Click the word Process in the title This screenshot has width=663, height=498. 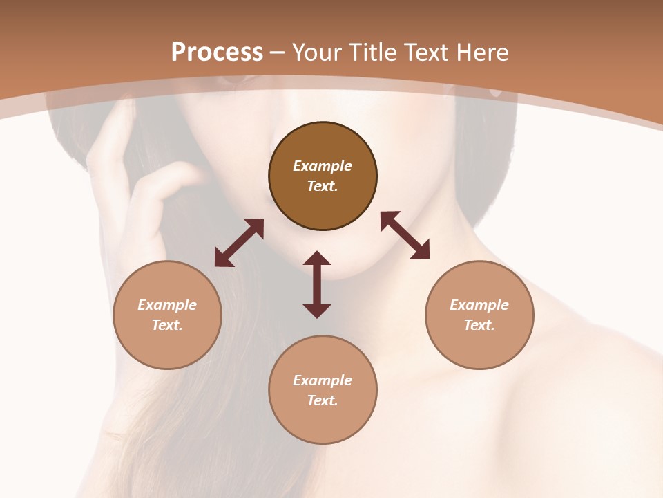[217, 53]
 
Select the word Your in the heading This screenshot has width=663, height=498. [318, 53]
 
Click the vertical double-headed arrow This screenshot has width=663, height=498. [317, 285]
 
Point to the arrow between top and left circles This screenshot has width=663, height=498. [239, 243]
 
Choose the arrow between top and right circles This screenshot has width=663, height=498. [405, 235]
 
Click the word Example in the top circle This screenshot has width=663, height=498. [323, 166]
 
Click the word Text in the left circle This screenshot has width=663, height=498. [167, 325]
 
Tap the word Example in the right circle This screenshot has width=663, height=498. [479, 305]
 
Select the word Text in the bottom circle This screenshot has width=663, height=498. [323, 400]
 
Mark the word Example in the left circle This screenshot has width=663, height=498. [167, 305]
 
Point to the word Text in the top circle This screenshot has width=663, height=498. [323, 186]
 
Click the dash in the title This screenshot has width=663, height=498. [278, 53]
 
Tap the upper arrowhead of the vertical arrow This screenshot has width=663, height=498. [317, 259]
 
